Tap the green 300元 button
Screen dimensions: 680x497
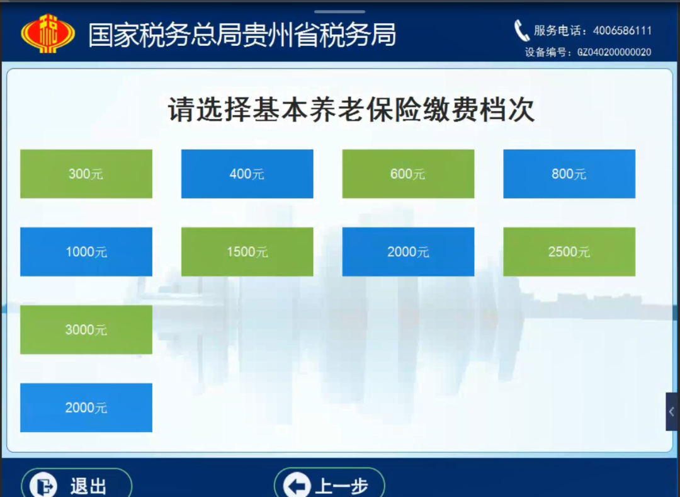pos(86,174)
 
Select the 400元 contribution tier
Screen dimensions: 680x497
pos(247,174)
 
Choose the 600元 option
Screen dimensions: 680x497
pos(408,174)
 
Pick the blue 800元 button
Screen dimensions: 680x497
pos(569,174)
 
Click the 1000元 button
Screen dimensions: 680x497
pos(86,251)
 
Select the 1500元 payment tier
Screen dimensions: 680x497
pos(247,251)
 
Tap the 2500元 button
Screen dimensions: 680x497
pos(569,251)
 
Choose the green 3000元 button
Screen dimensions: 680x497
pos(86,329)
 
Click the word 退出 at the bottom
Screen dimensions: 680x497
pos(89,486)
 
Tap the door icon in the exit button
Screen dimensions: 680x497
pos(44,486)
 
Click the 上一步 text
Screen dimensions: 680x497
pos(342,486)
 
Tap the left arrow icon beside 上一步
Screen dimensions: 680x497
pos(297,485)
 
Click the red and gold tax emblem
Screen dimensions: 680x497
pos(48,33)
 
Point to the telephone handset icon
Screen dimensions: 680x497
pos(521,31)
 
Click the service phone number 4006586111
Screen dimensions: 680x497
pos(622,31)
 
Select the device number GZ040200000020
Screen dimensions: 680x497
pos(614,52)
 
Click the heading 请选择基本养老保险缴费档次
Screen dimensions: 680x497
pos(351,109)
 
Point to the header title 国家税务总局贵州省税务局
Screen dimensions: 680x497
pos(242,35)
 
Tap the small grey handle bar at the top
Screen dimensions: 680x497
pos(339,12)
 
